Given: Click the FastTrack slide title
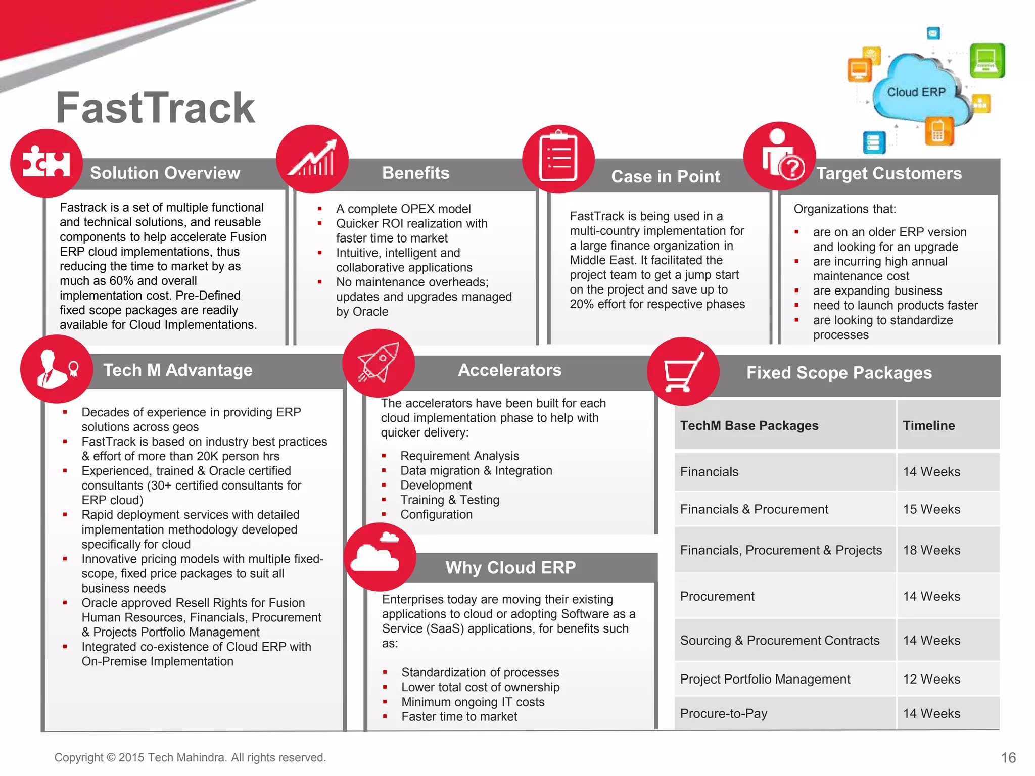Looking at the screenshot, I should pos(155,108).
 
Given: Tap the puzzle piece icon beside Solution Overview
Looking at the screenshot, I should pos(46,163).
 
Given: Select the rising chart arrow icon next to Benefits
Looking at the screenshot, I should pos(312,159).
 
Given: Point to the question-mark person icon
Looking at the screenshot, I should pos(780,156).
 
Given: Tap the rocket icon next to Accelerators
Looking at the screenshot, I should pos(378,362).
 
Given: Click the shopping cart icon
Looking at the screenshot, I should pos(683,371).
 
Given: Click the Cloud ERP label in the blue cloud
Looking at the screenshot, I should pos(916,92).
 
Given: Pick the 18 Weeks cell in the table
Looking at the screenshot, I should pos(931,550).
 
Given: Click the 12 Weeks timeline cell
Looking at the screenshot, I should pos(931,679).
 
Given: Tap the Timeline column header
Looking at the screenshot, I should pos(928,425).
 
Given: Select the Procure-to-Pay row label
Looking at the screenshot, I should pos(723,713).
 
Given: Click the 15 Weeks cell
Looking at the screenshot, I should pos(931,509).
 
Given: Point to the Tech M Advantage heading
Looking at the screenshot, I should pos(178,370).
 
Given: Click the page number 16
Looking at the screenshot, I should pos(1008,757).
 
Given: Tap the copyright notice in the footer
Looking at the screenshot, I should pos(190,757).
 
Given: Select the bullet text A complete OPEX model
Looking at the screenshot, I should pos(403,209).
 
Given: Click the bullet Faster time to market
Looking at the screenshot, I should pos(459,716).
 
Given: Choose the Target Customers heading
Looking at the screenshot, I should pos(888,173).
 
